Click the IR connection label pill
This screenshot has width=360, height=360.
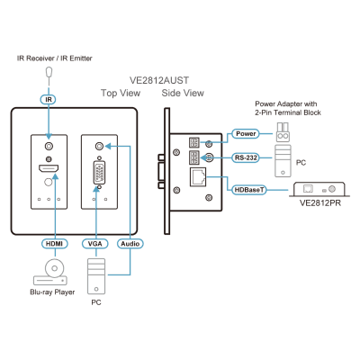(49, 99)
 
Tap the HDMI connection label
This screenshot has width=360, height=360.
(55, 244)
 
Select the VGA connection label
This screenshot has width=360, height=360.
(95, 244)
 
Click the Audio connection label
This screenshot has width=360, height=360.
(130, 244)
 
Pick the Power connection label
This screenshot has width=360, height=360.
(246, 134)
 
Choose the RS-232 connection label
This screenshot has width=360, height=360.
(246, 157)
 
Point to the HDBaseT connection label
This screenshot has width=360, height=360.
(249, 190)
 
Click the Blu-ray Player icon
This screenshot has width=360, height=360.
(50, 272)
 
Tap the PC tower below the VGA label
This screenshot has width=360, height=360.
(96, 276)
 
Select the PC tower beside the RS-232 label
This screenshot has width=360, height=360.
(283, 161)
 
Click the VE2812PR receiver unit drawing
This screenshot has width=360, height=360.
(319, 189)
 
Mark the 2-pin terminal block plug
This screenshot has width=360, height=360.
(283, 132)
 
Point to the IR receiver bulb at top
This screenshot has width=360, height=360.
(49, 72)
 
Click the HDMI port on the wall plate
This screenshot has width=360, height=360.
(49, 168)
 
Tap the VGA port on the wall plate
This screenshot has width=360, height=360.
(99, 173)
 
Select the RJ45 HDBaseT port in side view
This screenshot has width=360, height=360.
(198, 177)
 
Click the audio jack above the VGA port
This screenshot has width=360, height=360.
(99, 147)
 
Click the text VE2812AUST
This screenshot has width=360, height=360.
(159, 80)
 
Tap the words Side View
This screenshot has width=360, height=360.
(183, 93)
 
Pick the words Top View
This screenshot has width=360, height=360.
(121, 93)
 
